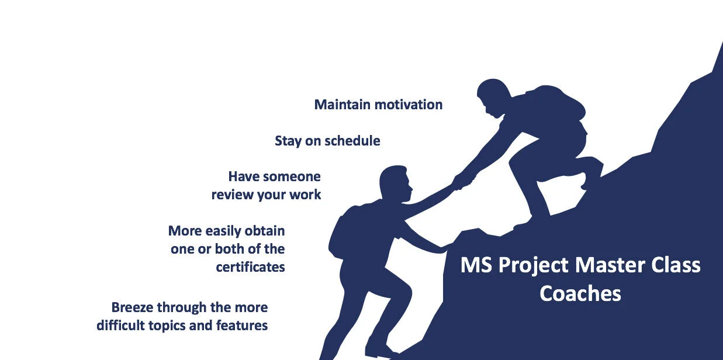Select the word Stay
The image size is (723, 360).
point(288,141)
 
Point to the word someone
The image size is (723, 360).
point(292,176)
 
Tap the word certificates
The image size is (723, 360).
point(250,267)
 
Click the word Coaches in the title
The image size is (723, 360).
point(580,293)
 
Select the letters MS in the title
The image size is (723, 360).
point(473,265)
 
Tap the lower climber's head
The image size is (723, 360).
point(396,182)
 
